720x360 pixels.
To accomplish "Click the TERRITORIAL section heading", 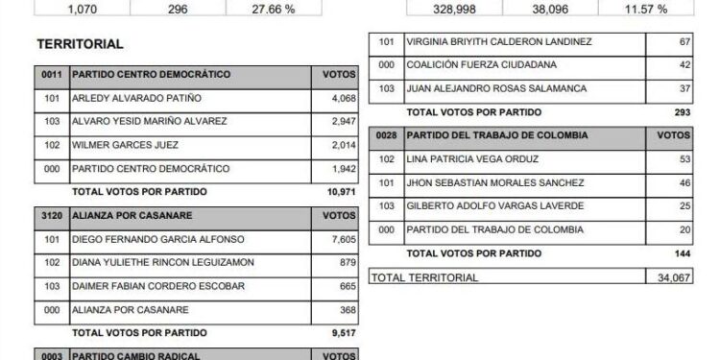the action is coord(79,45).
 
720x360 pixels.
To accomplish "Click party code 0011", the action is coord(51,74).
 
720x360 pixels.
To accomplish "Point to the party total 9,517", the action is coord(342,333).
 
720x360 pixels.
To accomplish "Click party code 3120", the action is coord(51,216).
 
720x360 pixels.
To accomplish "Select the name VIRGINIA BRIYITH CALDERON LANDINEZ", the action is coord(499,42).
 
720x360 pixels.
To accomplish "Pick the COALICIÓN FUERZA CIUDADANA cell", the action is coord(468,65).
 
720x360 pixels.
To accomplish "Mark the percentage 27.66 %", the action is coord(255,9).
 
